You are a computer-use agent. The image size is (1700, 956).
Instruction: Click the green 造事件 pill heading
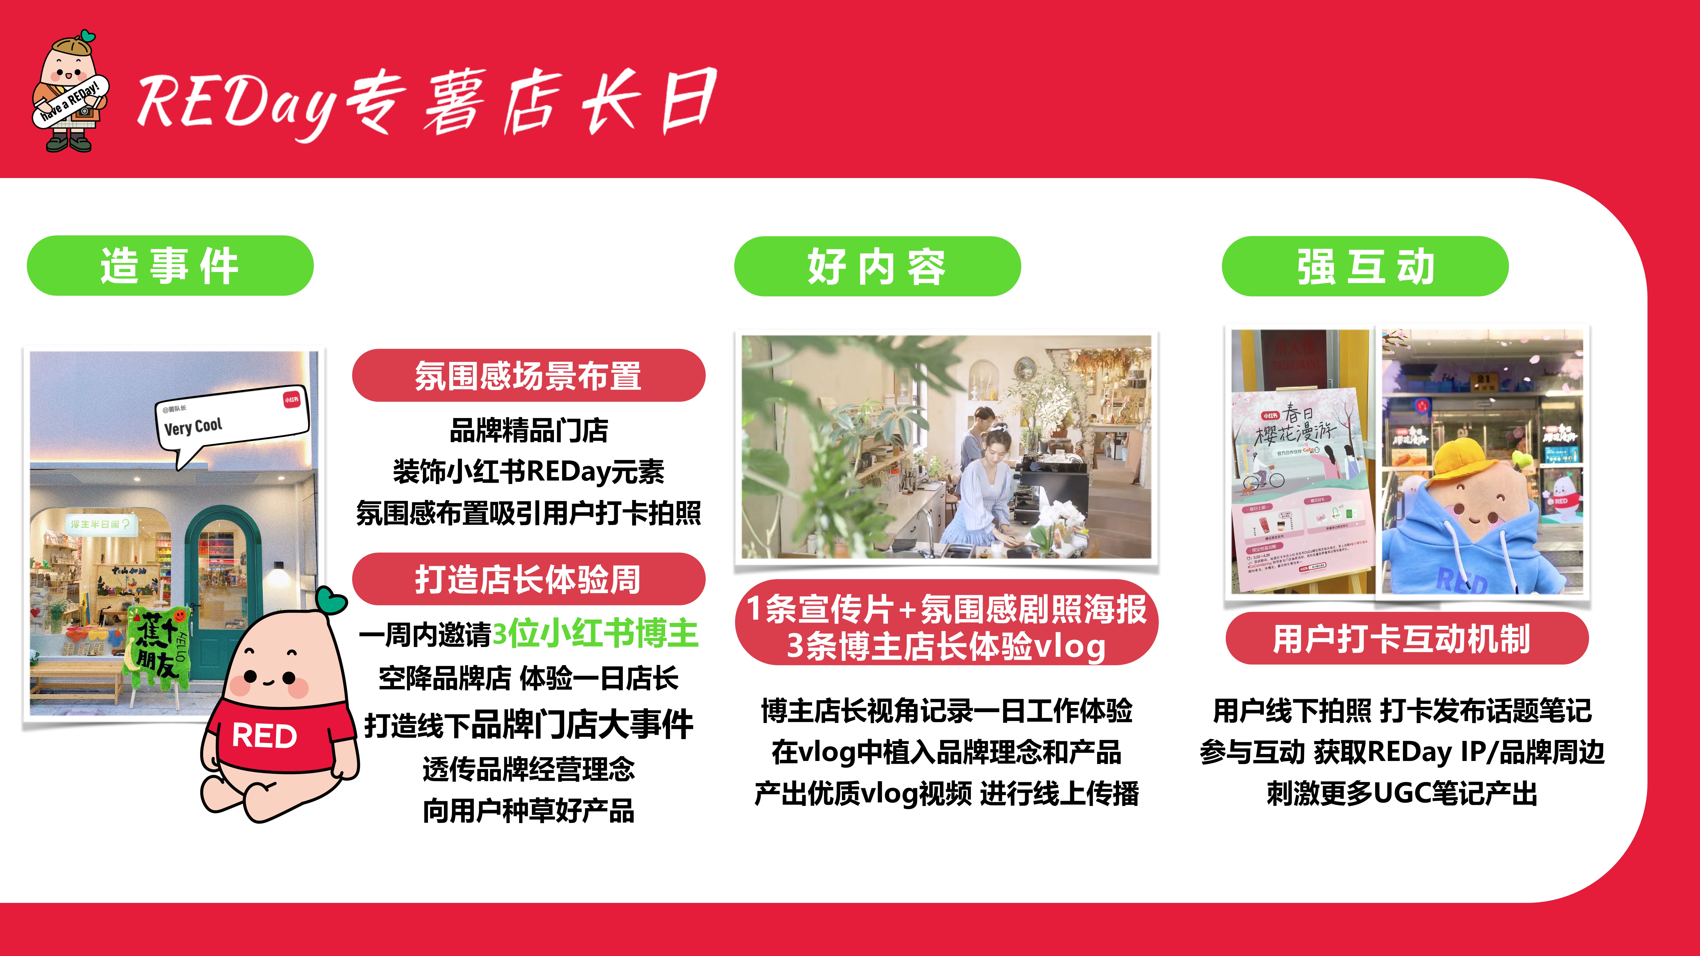[170, 266]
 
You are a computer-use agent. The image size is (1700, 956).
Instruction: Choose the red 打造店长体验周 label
[528, 579]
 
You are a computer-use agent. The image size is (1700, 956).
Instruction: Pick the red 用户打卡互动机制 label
[1406, 639]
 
